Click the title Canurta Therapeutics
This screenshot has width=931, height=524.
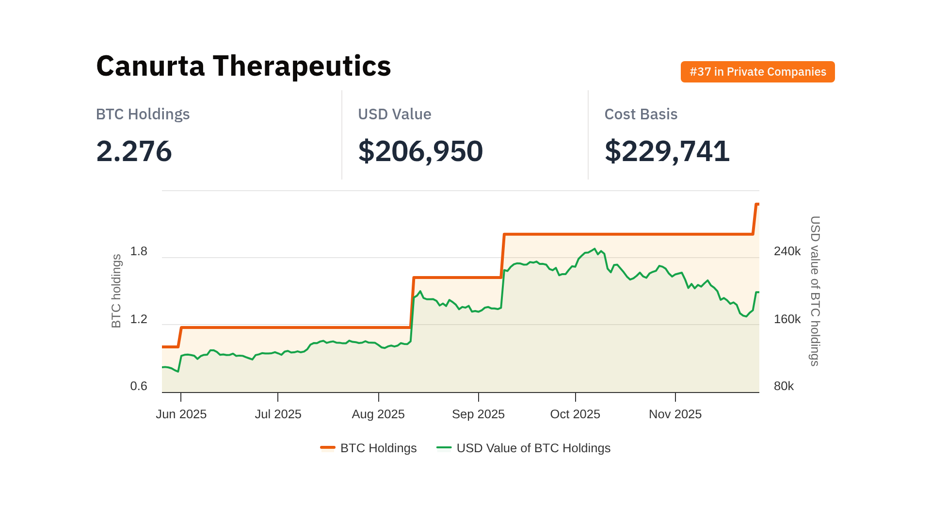[243, 66]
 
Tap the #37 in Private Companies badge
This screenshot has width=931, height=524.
[757, 72]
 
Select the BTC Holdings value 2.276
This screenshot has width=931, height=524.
[134, 151]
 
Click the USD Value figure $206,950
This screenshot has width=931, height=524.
[420, 151]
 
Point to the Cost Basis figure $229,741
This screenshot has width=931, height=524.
[667, 151]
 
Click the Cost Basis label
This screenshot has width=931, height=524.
[641, 114]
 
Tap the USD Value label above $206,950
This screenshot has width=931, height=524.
[394, 114]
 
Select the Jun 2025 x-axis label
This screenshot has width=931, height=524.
[181, 414]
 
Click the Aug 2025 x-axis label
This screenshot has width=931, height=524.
[378, 414]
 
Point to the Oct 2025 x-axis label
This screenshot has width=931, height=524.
[575, 414]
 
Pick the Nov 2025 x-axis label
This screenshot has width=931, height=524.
[675, 414]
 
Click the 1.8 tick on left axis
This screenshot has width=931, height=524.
[139, 251]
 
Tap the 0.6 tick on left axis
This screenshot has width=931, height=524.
[139, 386]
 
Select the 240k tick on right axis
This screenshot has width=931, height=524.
[787, 251]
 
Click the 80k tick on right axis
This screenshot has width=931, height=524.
[784, 386]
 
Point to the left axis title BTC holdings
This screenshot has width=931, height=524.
[116, 291]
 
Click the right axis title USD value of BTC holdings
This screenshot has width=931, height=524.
[815, 291]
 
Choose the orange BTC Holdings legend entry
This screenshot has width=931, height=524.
[369, 448]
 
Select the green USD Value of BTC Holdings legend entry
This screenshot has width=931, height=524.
[524, 448]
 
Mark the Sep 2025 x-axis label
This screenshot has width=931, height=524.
[478, 414]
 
